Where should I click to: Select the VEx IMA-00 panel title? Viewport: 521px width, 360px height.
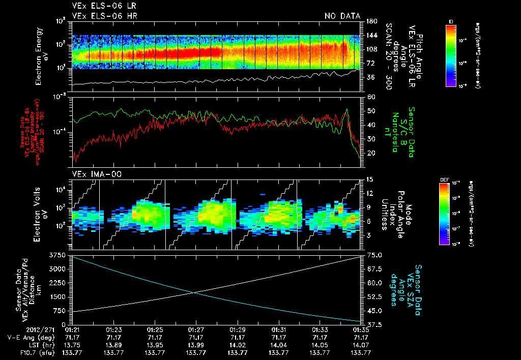93,174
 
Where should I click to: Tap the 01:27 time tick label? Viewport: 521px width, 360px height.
196,329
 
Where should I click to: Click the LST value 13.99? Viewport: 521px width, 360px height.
196,344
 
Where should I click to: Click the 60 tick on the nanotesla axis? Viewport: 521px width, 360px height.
370,97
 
